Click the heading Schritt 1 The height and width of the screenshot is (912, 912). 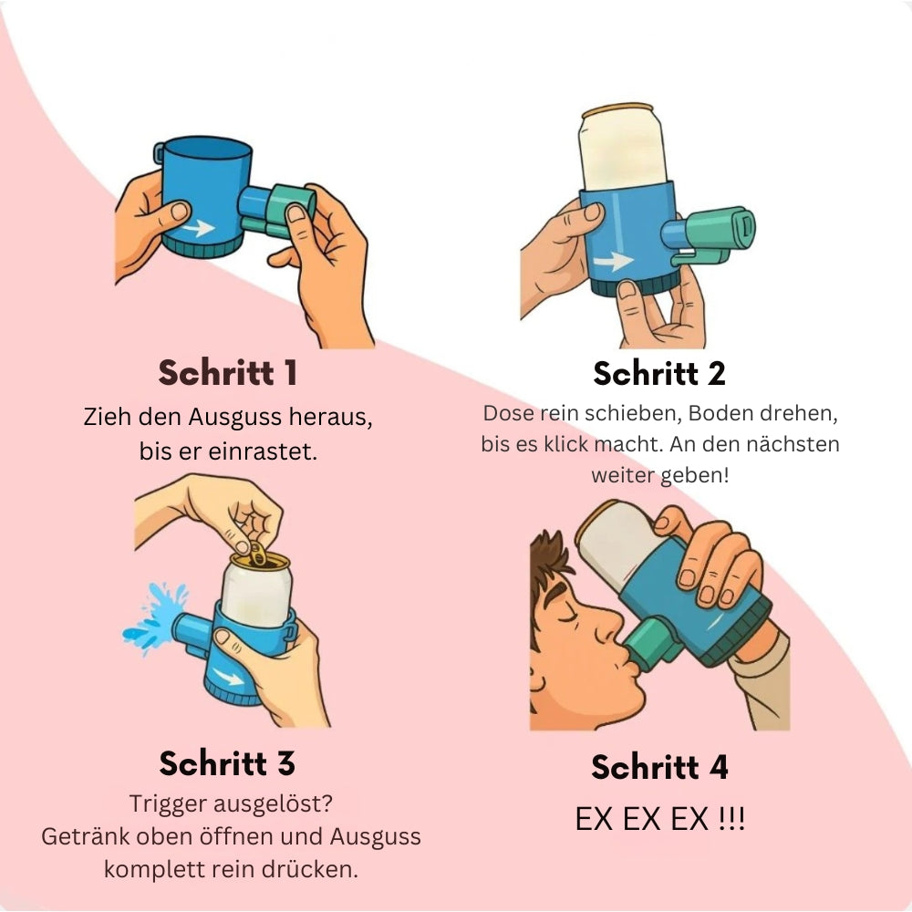227,373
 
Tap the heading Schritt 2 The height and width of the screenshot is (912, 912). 659,373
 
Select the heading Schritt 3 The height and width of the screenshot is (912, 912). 227,763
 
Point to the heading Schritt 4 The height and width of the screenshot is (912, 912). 659,767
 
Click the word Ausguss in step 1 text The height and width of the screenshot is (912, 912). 235,418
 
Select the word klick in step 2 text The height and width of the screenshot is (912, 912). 566,444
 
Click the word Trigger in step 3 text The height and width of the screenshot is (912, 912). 168,804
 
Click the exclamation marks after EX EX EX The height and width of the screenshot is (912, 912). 731,819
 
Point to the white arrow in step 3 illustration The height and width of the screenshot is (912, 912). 227,676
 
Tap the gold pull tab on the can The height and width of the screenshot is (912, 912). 257,554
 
